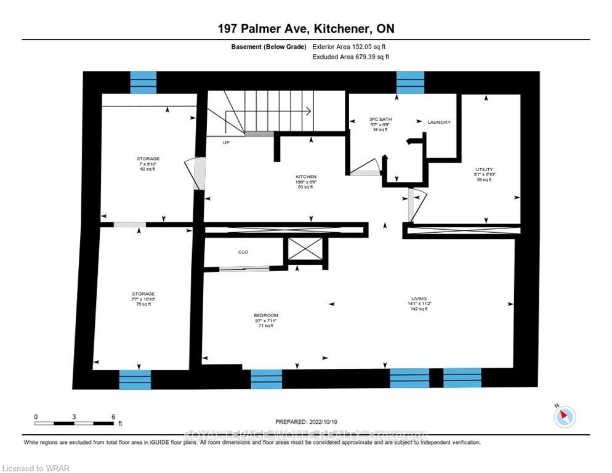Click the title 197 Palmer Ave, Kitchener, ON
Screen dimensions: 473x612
click(x=306, y=29)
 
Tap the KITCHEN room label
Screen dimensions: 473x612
click(x=306, y=176)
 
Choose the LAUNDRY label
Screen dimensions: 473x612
click(x=439, y=123)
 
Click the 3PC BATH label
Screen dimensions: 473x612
click(x=380, y=119)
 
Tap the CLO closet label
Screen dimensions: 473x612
click(x=243, y=253)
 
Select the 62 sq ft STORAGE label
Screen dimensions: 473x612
click(x=148, y=159)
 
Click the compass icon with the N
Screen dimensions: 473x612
click(x=564, y=416)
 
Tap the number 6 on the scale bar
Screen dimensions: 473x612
click(x=113, y=417)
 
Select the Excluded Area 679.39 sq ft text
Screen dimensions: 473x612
click(x=351, y=57)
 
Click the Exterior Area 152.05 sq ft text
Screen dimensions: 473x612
click(x=349, y=46)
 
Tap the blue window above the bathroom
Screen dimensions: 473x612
click(x=410, y=83)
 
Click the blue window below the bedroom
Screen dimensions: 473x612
click(x=266, y=379)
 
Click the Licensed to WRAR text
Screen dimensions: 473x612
click(x=35, y=468)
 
